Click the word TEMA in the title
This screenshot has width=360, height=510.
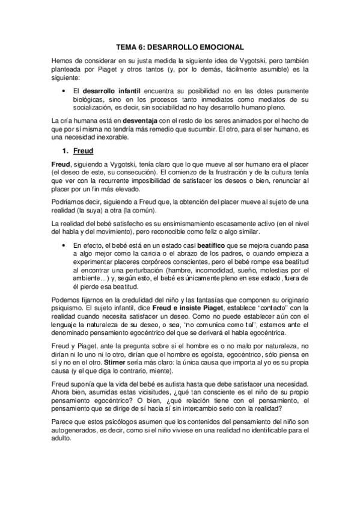(x=126, y=46)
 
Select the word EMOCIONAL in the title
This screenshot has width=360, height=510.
(x=219, y=46)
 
